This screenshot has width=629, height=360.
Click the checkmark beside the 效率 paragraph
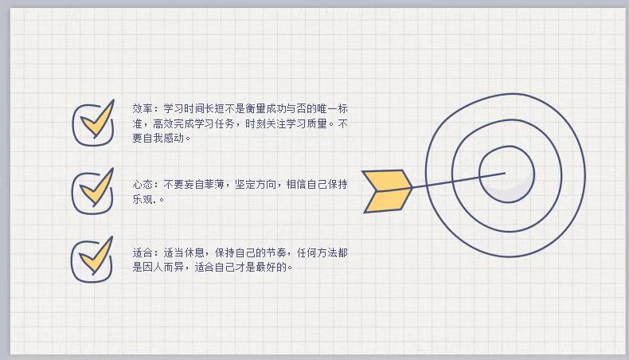[x=98, y=120]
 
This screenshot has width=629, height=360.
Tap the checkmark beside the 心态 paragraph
[x=97, y=189]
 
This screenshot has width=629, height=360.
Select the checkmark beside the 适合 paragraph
[x=96, y=256]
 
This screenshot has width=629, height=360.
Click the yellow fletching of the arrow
[x=387, y=191]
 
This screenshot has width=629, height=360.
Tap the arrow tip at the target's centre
[x=505, y=173]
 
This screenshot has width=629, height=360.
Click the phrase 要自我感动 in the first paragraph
[x=158, y=138]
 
